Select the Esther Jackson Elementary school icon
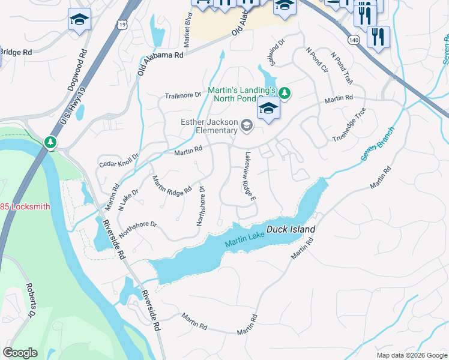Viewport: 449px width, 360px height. [246, 125]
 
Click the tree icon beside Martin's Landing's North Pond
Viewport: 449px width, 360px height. [285, 92]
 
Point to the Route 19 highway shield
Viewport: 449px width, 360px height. [121, 24]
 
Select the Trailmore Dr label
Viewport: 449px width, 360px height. [183, 95]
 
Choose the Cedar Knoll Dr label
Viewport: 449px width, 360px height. [118, 161]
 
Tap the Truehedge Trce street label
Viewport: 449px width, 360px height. [349, 125]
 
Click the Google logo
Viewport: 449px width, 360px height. [20, 353]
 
